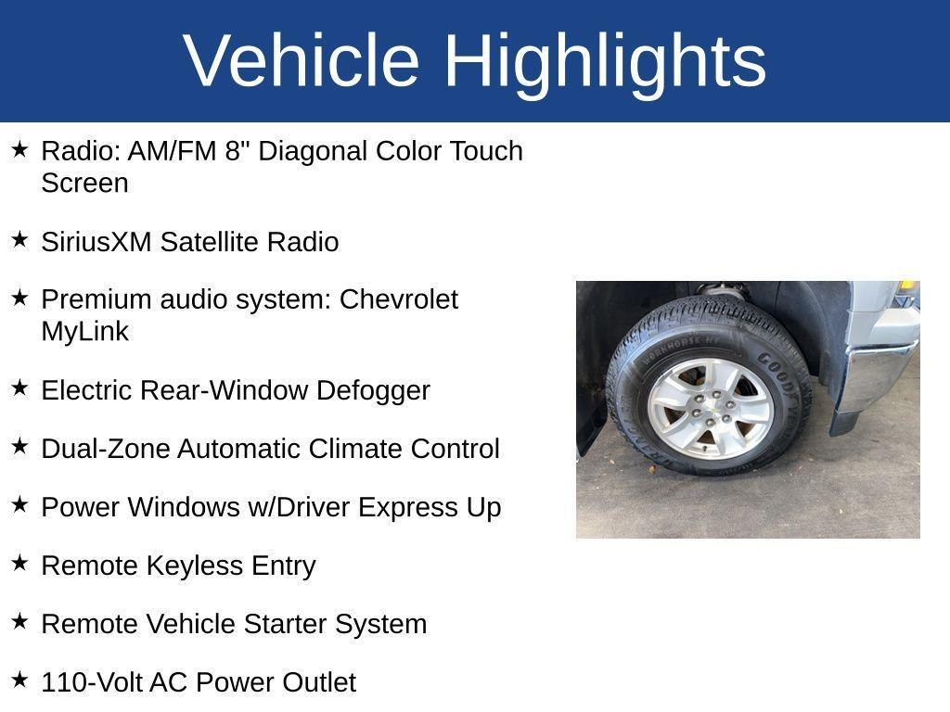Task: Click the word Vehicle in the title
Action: click(x=302, y=60)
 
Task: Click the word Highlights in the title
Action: click(x=605, y=60)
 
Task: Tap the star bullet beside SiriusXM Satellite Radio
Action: click(x=19, y=240)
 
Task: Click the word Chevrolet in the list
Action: click(x=399, y=299)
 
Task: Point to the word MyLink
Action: click(x=84, y=331)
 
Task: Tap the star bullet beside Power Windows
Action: click(x=19, y=505)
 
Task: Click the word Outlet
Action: click(x=319, y=682)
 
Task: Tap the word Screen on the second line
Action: click(x=84, y=183)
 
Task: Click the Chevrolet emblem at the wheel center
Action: click(x=710, y=409)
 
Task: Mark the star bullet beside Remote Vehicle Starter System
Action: click(x=19, y=622)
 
